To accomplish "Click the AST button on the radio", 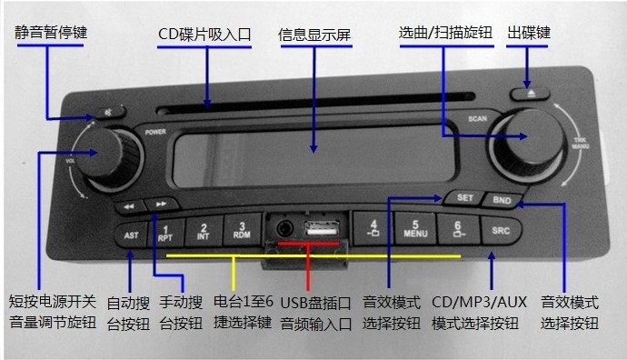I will tap(130, 235).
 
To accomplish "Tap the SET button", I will tap(463, 197).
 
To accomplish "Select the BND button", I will tap(500, 199).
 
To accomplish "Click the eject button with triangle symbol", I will tap(532, 92).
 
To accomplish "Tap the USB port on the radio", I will tap(323, 231).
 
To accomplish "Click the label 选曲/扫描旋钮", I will tap(445, 33).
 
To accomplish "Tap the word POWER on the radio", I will tap(155, 132).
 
